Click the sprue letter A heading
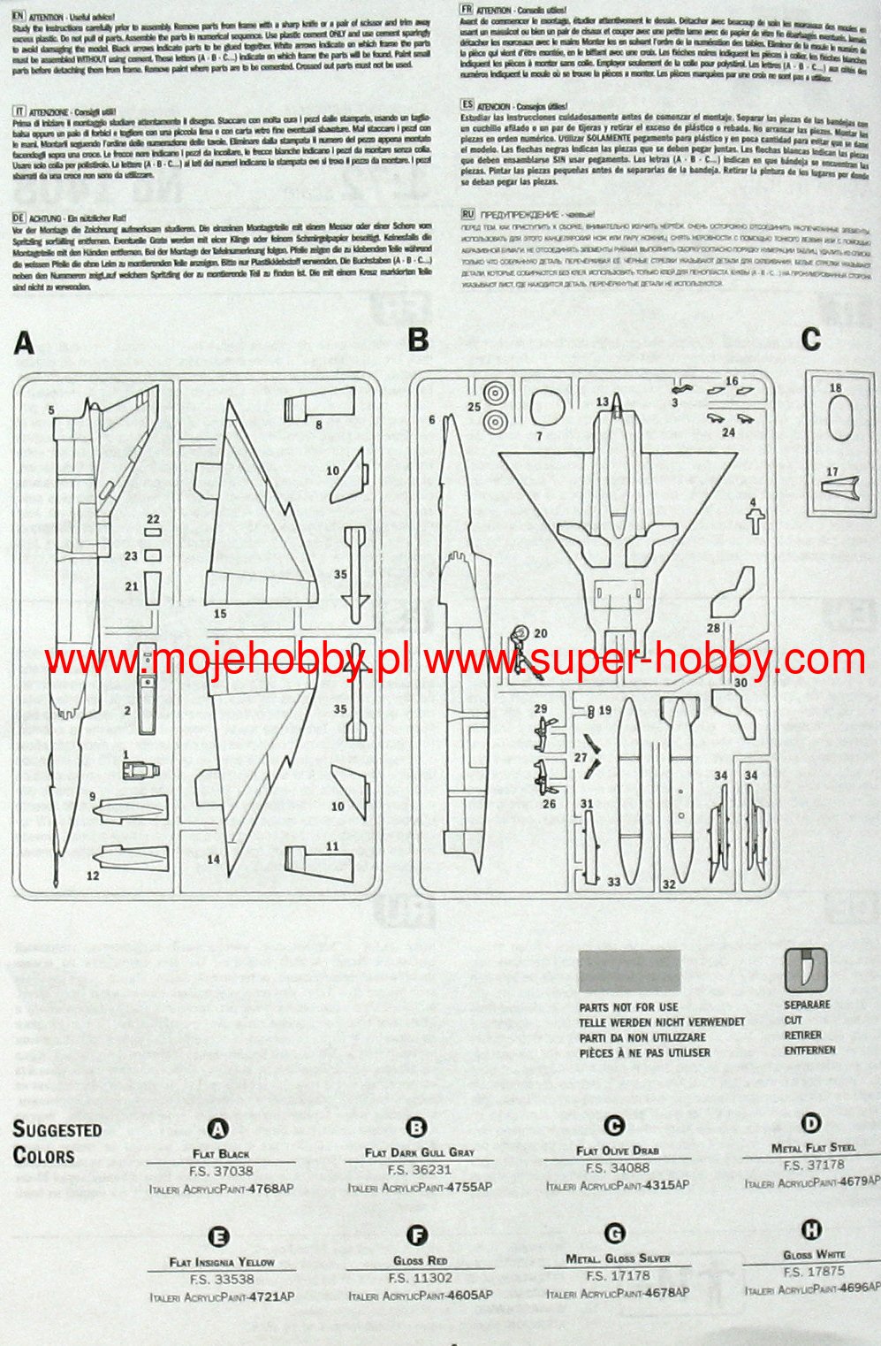pos(24,343)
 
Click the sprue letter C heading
pos(810,339)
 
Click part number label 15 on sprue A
pos(220,614)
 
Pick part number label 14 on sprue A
pos(213,859)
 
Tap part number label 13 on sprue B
pos(602,402)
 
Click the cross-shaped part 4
pos(754,520)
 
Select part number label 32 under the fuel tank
pos(669,883)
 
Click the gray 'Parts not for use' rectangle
pos(629,971)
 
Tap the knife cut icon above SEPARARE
pos(805,970)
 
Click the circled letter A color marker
pos(218,1128)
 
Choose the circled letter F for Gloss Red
pos(417,1235)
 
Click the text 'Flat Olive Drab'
pos(617,1151)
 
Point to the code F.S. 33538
pos(222,1279)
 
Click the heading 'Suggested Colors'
pos(57,1142)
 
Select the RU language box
pos(467,214)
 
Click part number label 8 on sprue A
pos(319,424)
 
